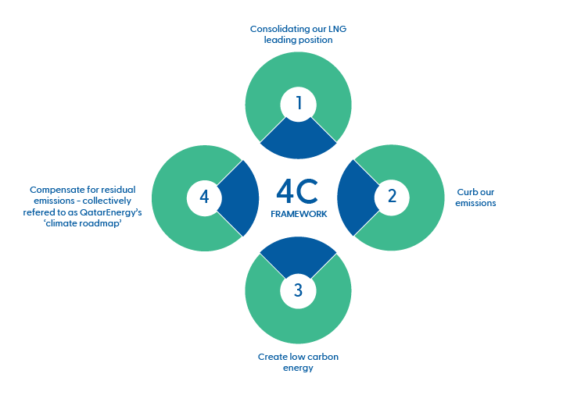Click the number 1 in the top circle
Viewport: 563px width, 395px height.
point(298,103)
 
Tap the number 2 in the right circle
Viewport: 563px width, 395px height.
point(392,197)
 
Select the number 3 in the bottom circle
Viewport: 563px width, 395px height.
point(298,291)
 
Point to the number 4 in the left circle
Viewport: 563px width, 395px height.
point(204,197)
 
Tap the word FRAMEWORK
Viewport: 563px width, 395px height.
point(298,212)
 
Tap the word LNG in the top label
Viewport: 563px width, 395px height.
point(337,29)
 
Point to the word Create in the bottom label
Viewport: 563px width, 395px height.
point(271,357)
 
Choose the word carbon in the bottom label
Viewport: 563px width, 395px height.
point(323,357)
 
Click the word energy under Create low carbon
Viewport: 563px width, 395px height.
point(297,368)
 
